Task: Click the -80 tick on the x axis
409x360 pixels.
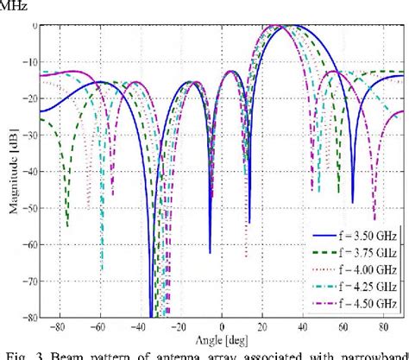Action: (x=58, y=328)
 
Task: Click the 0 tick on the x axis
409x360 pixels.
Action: (x=222, y=328)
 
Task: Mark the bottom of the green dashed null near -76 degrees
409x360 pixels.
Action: (x=67, y=226)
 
